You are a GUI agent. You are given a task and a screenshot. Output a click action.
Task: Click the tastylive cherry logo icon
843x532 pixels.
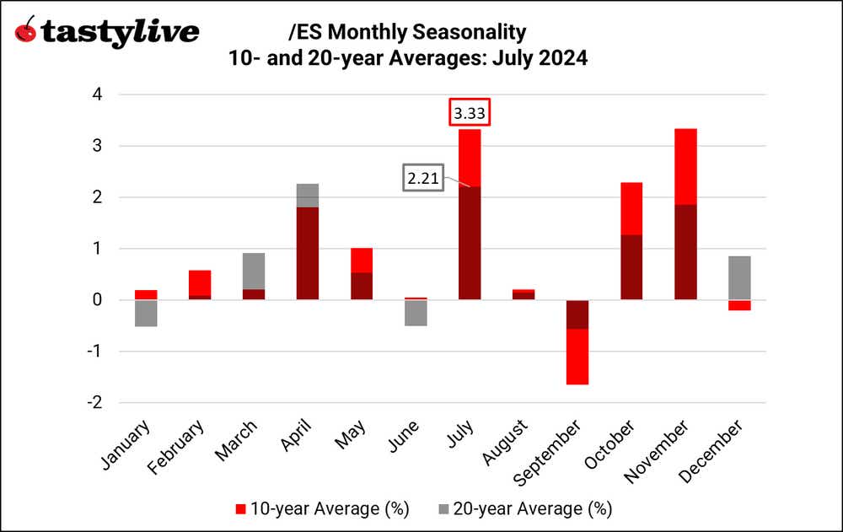point(27,31)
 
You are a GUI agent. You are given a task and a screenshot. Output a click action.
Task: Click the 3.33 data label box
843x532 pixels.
point(469,112)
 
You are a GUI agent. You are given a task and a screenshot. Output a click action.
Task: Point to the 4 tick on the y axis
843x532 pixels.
point(97,95)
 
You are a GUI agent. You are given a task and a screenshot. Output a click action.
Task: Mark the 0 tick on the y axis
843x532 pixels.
point(97,300)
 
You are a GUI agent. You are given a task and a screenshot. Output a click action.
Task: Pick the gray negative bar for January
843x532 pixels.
point(146,313)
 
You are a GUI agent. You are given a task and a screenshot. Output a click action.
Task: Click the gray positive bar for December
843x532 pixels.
point(739,278)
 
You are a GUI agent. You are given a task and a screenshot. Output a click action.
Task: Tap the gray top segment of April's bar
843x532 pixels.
point(307,196)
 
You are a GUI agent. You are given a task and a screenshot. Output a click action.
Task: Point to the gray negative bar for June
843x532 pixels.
point(415,313)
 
